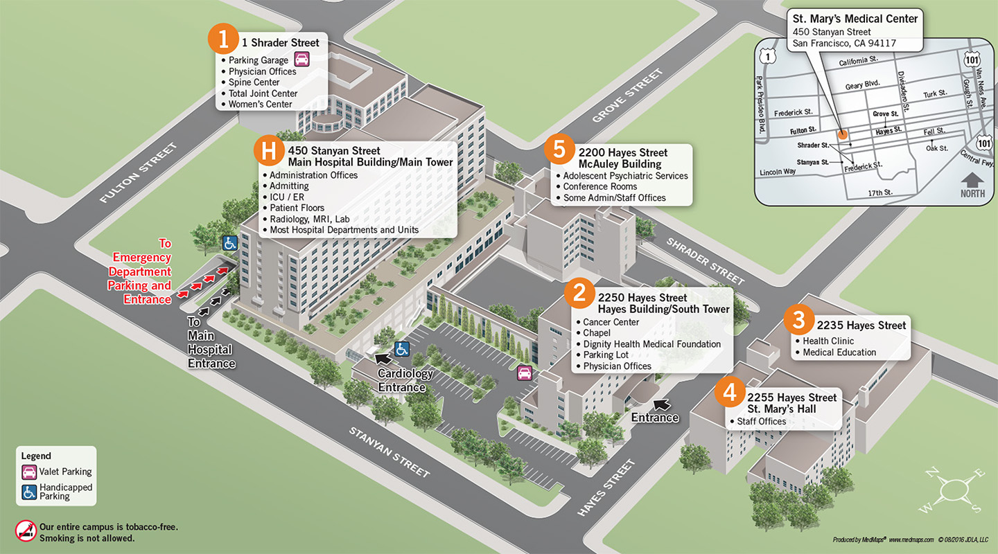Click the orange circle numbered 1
coord(223,39)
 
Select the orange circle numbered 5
coord(559,150)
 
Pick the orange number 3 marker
coord(799,320)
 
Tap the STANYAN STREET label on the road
coord(389,452)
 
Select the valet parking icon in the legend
coord(30,472)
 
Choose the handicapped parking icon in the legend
coord(30,491)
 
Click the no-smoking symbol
coord(25,530)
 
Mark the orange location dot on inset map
coord(842,134)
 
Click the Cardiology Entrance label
coord(405,380)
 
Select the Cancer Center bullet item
coord(611,322)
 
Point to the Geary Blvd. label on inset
coord(862,84)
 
